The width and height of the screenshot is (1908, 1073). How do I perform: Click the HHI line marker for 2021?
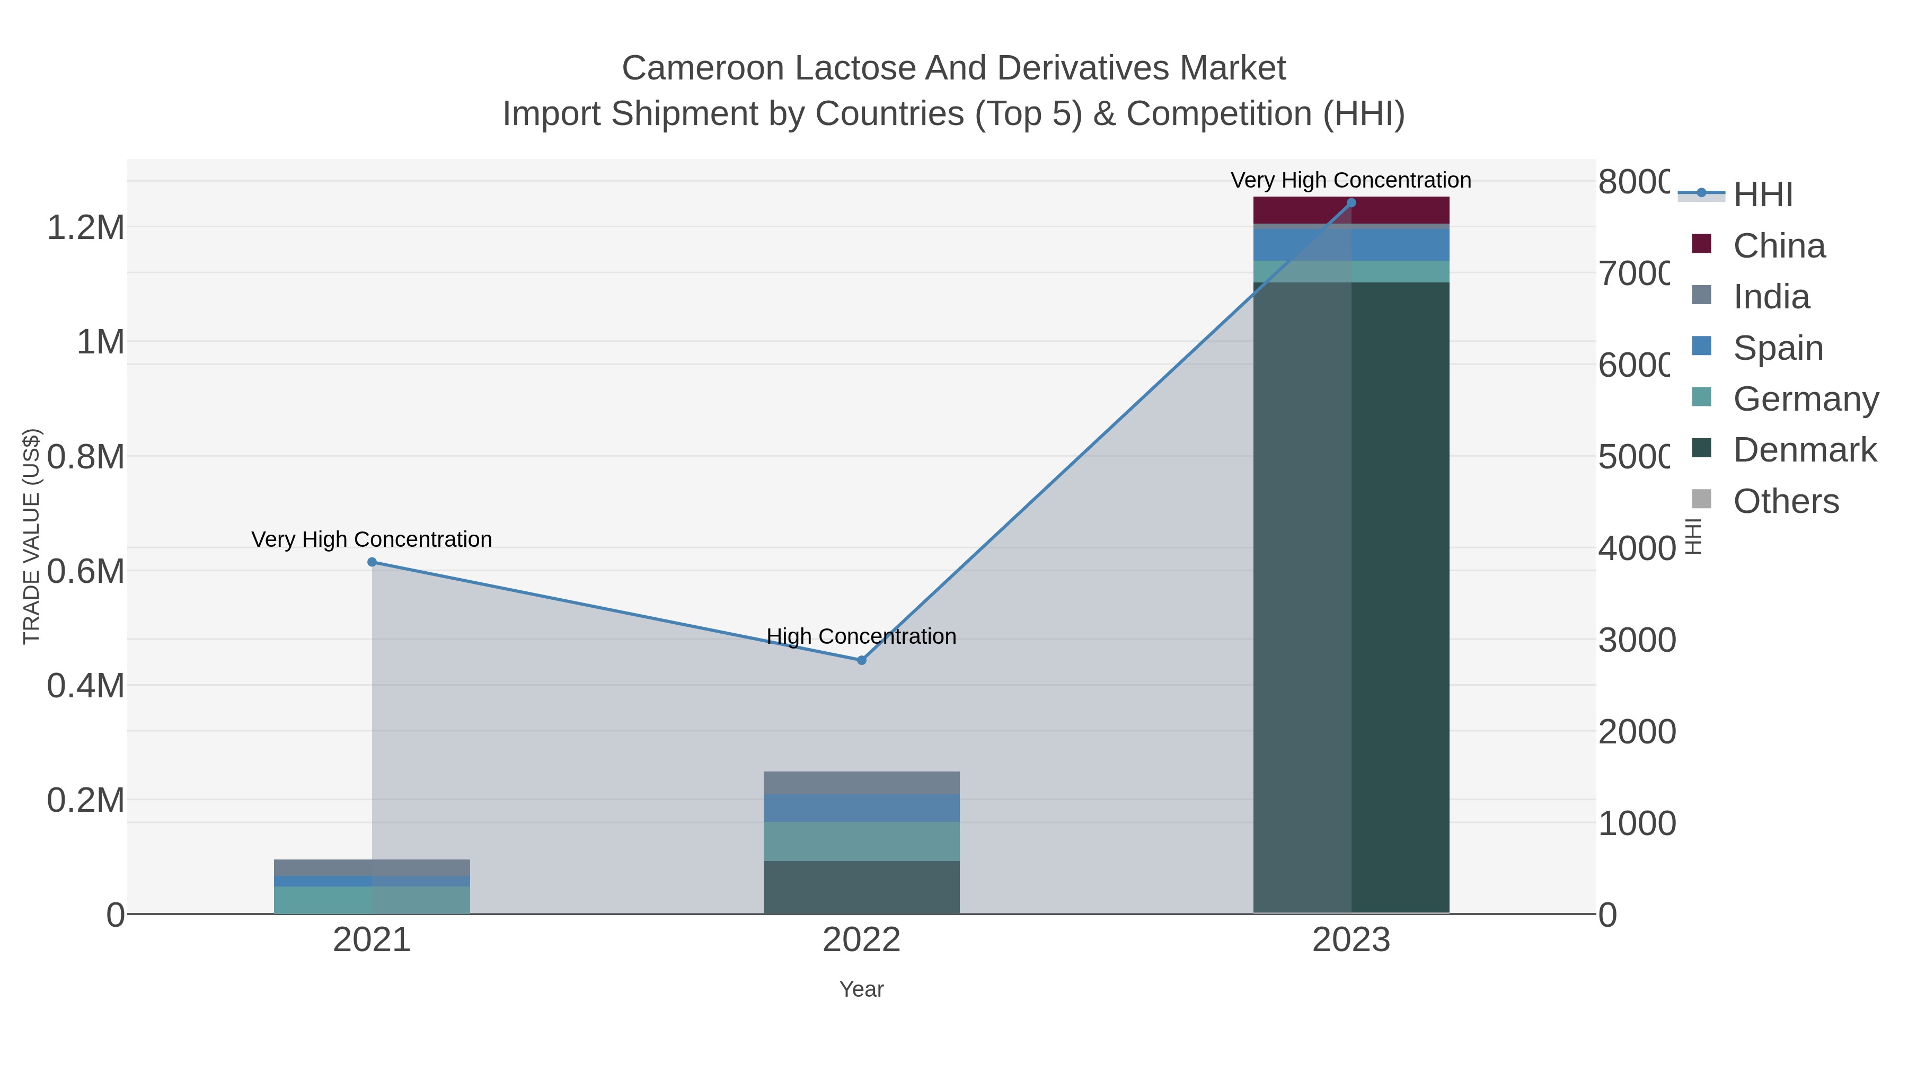(372, 562)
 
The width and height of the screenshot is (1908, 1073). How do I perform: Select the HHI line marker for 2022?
(861, 660)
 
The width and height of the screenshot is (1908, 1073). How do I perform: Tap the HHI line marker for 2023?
(1351, 203)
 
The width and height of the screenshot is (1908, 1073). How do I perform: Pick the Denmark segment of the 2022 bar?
(861, 886)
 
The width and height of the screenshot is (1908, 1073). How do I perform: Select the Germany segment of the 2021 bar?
(372, 900)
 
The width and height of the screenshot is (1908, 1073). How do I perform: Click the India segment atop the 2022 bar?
(861, 783)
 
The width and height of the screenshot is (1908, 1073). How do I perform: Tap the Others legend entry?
(1786, 501)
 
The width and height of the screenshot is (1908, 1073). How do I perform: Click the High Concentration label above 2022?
(861, 636)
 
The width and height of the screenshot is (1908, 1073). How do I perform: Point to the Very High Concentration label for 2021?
(372, 539)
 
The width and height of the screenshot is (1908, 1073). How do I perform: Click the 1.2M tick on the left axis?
(86, 228)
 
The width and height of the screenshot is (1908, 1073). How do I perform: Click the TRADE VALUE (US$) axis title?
(32, 536)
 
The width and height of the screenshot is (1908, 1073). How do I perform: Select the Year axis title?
(861, 989)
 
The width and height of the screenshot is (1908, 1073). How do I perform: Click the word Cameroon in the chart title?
(702, 68)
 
